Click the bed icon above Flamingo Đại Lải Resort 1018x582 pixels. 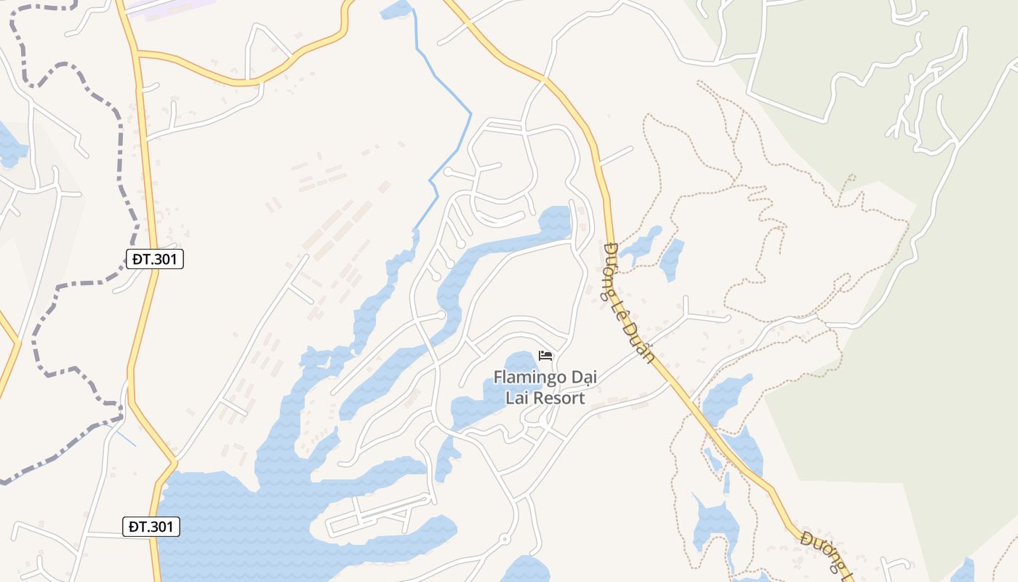click(x=545, y=356)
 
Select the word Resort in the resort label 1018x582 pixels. click(x=559, y=398)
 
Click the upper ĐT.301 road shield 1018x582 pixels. click(x=155, y=258)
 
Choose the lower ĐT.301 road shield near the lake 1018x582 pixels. click(x=151, y=527)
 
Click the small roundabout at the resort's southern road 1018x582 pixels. click(x=504, y=539)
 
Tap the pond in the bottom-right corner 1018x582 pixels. click(x=963, y=571)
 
